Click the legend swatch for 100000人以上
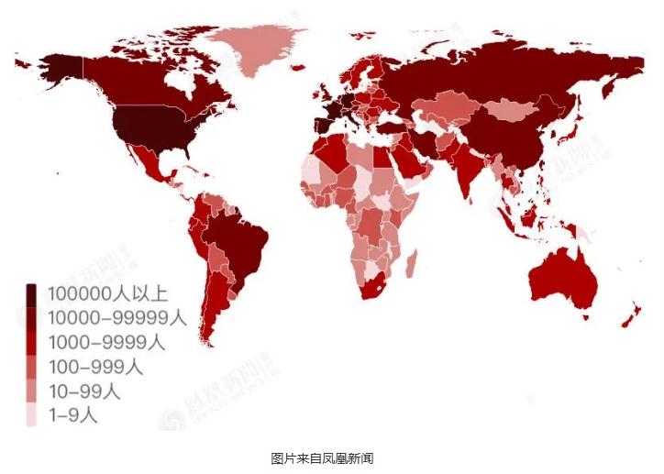tap(31, 295)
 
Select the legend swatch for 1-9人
tap(31, 415)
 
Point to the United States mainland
tap(151, 128)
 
